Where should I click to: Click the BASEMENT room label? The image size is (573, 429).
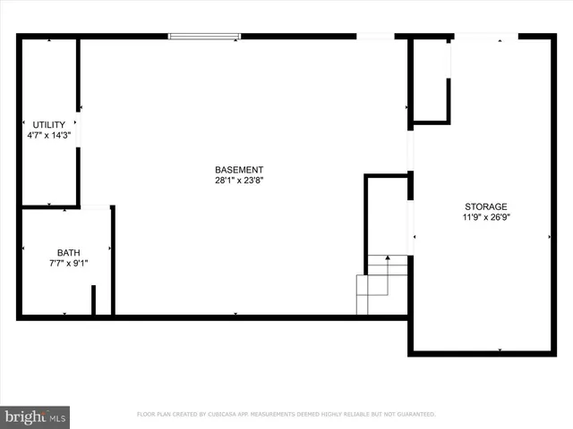tap(239, 170)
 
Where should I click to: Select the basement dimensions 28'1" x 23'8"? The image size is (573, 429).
tap(239, 180)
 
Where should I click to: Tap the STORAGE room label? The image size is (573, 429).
tap(485, 206)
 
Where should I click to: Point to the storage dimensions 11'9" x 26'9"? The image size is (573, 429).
tap(485, 216)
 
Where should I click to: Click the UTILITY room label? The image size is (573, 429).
tap(48, 124)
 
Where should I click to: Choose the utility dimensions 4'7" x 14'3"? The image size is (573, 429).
tap(48, 135)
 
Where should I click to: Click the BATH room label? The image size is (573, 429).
tap(68, 253)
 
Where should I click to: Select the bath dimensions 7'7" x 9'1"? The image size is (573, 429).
tap(68, 264)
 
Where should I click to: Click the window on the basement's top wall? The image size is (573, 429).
tap(205, 37)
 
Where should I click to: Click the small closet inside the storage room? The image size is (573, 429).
tap(431, 80)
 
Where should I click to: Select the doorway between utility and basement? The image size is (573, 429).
tap(79, 130)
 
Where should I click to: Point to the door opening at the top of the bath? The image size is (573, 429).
tap(95, 207)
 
